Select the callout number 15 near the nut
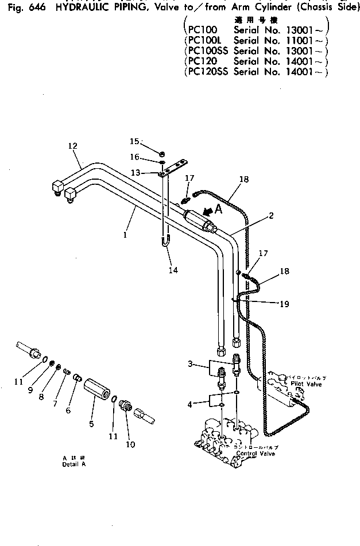[133, 141]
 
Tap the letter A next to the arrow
[219, 210]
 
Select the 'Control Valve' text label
[256, 454]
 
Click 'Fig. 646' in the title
[24, 7]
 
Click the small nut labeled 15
[162, 153]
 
